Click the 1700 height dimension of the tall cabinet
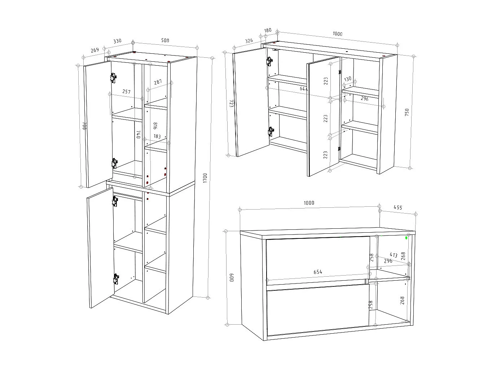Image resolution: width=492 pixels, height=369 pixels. [205, 178]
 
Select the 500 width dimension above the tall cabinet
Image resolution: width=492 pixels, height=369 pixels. [165, 40]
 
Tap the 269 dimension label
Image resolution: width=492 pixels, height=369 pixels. [95, 50]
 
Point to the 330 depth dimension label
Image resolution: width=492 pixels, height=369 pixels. [118, 41]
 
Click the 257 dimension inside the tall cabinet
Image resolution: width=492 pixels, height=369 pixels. [126, 92]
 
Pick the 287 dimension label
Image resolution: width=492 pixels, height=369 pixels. [158, 82]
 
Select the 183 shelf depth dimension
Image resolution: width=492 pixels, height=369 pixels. [157, 136]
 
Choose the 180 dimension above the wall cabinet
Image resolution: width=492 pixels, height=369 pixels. [268, 30]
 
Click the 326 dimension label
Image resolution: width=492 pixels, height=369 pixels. [249, 40]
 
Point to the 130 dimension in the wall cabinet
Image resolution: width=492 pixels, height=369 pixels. [348, 79]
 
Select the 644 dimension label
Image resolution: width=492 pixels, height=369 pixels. [304, 88]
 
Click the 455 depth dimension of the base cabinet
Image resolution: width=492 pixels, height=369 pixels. [397, 208]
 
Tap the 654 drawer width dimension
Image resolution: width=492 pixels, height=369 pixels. [317, 272]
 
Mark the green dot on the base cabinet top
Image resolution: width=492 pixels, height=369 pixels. [407, 238]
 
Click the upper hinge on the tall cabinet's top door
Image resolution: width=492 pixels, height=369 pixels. [113, 77]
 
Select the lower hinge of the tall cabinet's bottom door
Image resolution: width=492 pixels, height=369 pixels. [115, 279]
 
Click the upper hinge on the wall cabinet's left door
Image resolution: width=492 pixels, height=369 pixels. [269, 62]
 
